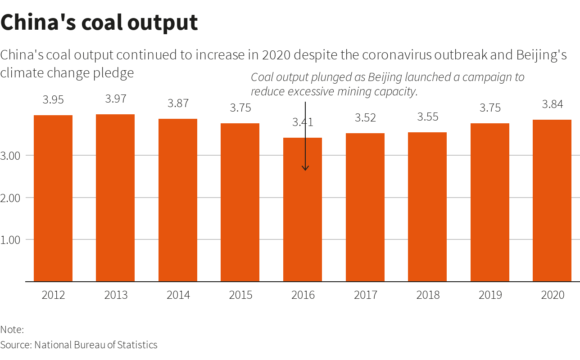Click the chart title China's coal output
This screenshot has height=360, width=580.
(x=99, y=22)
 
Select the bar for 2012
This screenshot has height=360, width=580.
(x=53, y=198)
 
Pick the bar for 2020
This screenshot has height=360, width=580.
(x=552, y=200)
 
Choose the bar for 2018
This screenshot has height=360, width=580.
(x=427, y=207)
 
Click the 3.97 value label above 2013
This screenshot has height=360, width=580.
(x=116, y=99)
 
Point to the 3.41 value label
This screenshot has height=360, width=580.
(x=303, y=122)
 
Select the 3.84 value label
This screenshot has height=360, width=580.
(x=552, y=104)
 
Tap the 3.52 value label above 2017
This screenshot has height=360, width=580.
(x=365, y=117)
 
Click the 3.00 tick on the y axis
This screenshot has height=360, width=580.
(x=11, y=156)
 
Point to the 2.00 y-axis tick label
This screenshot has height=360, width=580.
(x=11, y=198)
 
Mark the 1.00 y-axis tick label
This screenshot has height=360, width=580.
(x=11, y=240)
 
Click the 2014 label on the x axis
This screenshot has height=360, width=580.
(x=178, y=295)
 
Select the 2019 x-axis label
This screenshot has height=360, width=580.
(x=490, y=295)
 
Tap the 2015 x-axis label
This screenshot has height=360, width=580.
(x=240, y=295)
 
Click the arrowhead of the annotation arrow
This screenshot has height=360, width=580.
(x=305, y=169)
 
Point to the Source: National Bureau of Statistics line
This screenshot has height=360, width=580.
(x=79, y=345)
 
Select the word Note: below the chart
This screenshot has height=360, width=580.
(x=12, y=329)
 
